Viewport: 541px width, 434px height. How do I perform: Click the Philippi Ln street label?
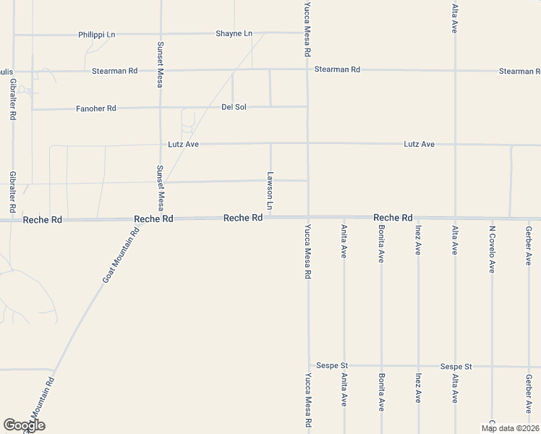(97, 34)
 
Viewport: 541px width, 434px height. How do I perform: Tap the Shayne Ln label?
(234, 34)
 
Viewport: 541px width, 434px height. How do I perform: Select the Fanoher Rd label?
(96, 109)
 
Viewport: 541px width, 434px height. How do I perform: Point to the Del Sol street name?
(234, 108)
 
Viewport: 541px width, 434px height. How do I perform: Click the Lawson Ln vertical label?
(270, 191)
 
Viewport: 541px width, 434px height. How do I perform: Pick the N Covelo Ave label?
(492, 250)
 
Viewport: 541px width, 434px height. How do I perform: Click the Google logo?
(24, 425)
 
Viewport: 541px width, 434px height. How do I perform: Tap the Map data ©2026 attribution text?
(509, 428)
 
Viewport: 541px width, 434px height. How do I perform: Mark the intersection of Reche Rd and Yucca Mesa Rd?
(308, 218)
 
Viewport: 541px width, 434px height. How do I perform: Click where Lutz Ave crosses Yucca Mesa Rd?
(307, 143)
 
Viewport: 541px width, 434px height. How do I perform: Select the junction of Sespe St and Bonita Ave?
(381, 367)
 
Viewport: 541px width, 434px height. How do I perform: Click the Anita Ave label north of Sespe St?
(344, 241)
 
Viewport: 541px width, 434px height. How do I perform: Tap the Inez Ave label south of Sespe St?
(418, 388)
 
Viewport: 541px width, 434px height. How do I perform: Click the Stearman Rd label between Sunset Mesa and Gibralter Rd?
(115, 71)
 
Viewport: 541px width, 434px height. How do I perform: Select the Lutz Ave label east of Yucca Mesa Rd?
(419, 145)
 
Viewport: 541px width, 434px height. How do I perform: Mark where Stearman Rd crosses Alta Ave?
(455, 71)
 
